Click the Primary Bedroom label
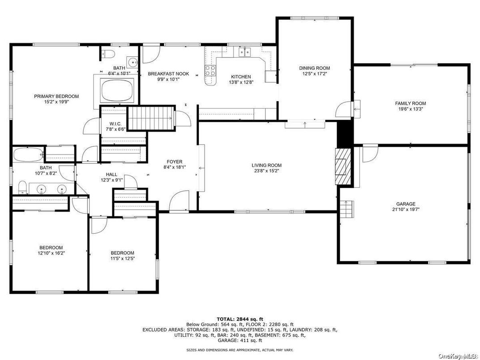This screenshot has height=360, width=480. coord(56,96)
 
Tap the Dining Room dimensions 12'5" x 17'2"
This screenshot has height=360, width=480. coord(314,73)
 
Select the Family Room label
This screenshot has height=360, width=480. coord(410,103)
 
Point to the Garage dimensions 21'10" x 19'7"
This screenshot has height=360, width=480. coord(406,210)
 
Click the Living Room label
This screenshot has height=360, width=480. coord(266,165)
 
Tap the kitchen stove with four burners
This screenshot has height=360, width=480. coord(210,71)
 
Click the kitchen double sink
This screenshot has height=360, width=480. coord(244,52)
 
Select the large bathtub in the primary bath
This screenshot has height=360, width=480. coord(118,91)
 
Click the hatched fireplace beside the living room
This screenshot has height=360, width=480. coord(343,167)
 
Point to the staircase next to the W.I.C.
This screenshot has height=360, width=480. coord(150,118)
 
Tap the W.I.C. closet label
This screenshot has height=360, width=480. coord(116,124)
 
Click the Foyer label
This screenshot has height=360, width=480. coord(175,162)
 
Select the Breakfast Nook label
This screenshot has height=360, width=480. coord(168,74)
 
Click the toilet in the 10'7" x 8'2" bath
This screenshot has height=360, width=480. coord(22,187)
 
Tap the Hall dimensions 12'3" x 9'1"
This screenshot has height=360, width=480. coord(111,180)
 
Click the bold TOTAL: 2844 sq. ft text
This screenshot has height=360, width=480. coord(240,319)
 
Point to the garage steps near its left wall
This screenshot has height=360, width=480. coord(346,209)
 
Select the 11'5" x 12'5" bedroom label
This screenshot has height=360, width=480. coord(122,253)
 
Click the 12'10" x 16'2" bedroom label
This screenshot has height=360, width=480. coord(51,247)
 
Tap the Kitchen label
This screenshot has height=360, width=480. coord(241,77)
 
